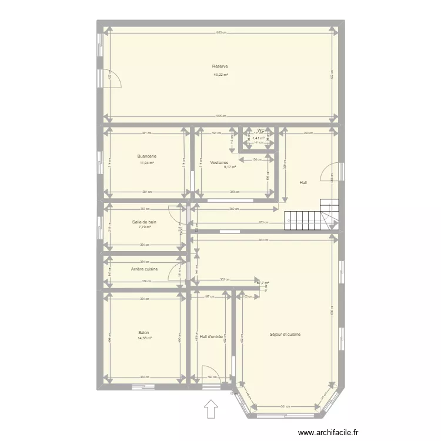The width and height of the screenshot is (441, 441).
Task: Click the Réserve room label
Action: [220, 66]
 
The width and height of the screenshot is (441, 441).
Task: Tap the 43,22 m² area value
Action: [220, 75]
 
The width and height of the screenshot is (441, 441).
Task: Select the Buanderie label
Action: [147, 156]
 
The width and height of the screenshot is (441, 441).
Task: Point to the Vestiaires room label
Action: [219, 162]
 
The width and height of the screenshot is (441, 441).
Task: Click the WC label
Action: [260, 130]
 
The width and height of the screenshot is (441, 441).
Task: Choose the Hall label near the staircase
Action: [303, 182]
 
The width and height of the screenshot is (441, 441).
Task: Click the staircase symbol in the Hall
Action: [312, 215]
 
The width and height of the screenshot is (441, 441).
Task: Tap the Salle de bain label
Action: [144, 222]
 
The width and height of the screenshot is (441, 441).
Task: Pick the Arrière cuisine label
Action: [144, 269]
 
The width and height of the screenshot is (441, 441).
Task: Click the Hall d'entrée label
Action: [211, 337]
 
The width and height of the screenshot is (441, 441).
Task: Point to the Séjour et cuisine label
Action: [285, 334]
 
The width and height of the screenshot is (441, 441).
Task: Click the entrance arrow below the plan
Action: [211, 409]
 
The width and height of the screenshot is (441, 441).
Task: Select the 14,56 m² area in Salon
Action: [144, 338]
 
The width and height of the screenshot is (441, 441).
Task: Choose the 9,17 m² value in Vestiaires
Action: [229, 167]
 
